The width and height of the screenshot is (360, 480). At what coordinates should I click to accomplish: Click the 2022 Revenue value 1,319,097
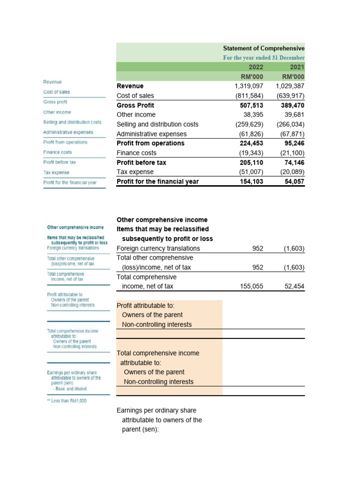pos(248,86)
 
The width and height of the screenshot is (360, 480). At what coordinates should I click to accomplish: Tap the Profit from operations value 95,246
pos(294,143)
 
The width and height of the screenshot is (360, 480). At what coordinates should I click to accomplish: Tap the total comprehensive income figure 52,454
pos(294,286)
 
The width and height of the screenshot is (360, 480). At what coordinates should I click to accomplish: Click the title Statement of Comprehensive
pos(263,48)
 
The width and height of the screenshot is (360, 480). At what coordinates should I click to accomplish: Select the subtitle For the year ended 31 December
pos(263,58)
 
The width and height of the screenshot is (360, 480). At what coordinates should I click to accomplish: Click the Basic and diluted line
pos(70,389)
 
